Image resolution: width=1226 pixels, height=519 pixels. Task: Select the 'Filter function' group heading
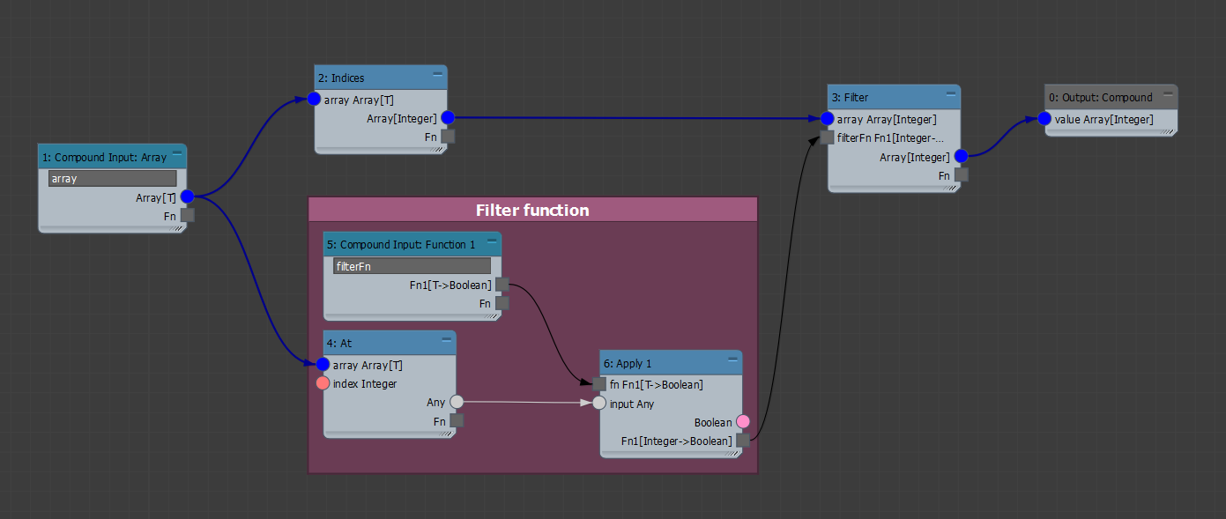pos(532,210)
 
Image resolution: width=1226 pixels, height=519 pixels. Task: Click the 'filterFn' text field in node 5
pos(412,266)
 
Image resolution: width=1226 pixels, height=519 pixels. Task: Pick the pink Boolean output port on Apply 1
pos(742,422)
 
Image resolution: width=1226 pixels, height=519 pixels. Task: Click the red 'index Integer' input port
pos(323,383)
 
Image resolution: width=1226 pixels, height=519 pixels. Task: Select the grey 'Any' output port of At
pos(457,402)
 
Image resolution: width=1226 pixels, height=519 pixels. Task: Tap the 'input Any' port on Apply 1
pos(599,404)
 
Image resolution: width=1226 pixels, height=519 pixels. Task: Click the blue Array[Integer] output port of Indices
pos(447,117)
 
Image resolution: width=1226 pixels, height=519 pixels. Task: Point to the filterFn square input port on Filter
pos(827,137)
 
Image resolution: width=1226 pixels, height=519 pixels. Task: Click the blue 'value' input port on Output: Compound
pos(1044,119)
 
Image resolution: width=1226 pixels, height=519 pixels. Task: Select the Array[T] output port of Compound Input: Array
pos(187,196)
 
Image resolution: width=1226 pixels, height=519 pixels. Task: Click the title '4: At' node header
pos(338,343)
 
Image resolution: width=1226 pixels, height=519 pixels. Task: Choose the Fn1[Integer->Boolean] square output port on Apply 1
pos(743,441)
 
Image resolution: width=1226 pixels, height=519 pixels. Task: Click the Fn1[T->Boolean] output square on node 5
pos(502,284)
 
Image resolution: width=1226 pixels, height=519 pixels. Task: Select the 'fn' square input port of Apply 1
pos(599,384)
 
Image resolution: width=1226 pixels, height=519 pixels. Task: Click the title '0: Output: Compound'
pos(1100,98)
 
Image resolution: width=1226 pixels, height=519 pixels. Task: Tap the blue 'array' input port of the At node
pos(323,365)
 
